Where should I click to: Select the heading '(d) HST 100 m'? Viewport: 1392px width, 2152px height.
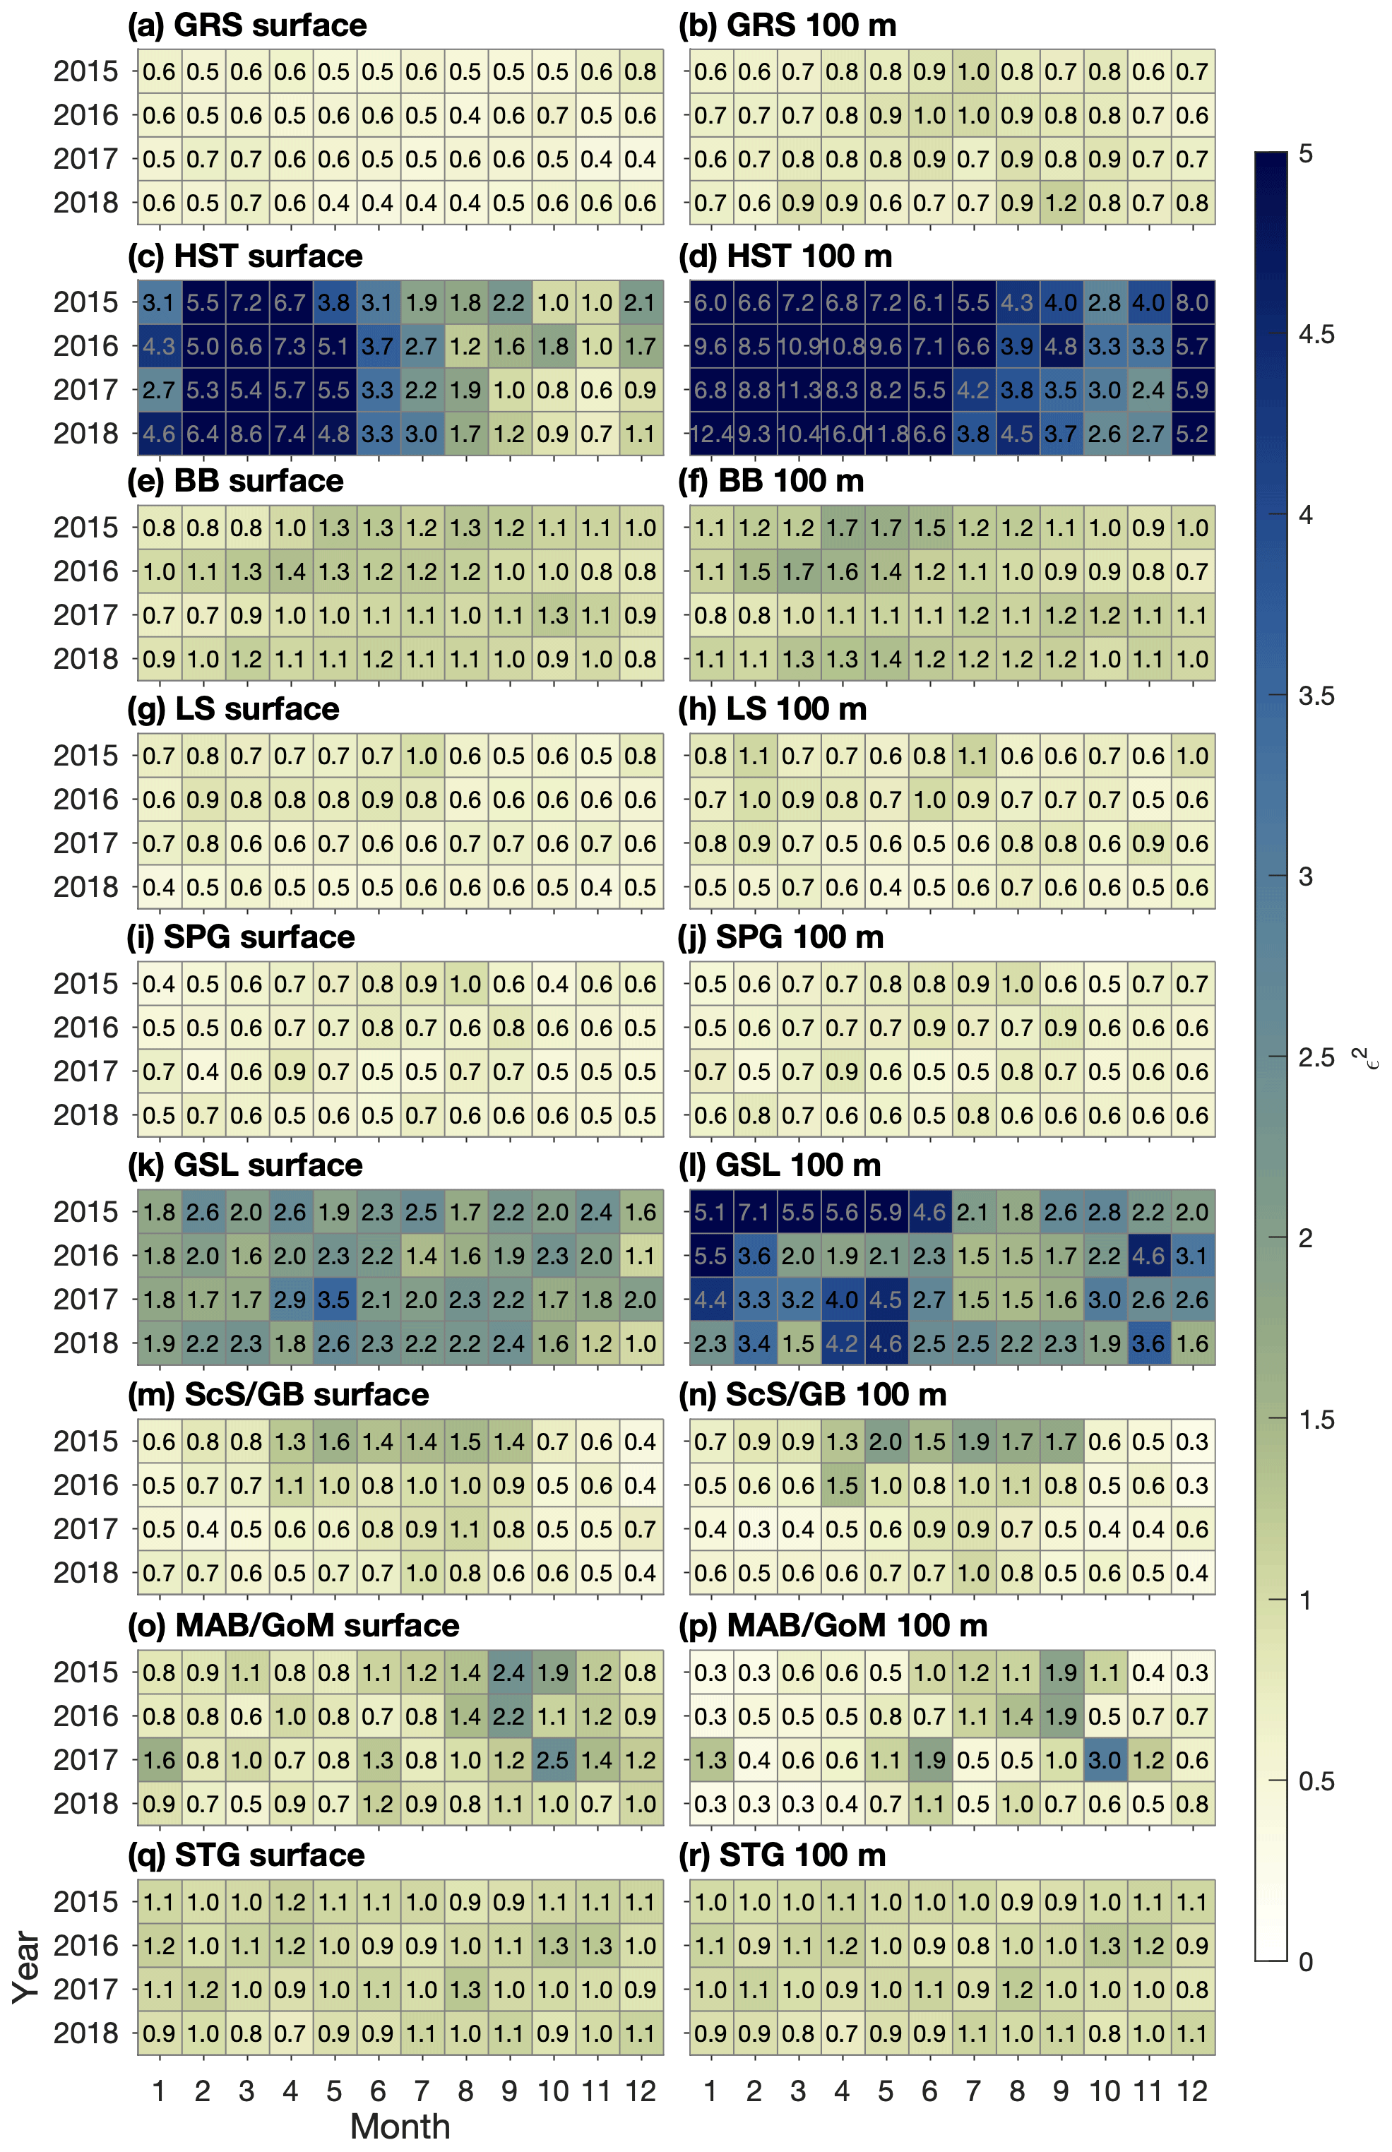click(785, 256)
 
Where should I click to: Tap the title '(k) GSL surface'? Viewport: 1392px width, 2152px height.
click(245, 1166)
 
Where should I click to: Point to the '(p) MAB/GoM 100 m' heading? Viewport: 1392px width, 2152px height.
click(833, 1626)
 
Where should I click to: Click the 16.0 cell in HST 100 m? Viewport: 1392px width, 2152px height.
click(842, 434)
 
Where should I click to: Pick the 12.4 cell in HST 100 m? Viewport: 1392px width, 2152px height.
click(710, 434)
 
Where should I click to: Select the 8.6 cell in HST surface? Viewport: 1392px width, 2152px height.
click(246, 434)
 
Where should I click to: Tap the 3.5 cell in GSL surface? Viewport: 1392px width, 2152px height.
click(333, 1300)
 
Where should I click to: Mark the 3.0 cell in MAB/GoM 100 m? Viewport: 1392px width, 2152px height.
click(1105, 1760)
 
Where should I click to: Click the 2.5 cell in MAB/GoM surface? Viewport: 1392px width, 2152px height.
click(552, 1760)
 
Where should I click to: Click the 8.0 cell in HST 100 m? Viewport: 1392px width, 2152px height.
click(1192, 303)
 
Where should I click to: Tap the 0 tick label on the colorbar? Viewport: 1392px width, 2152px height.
click(1305, 1961)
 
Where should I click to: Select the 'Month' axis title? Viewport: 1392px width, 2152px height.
click(400, 2127)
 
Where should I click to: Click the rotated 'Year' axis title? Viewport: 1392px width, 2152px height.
click(27, 1968)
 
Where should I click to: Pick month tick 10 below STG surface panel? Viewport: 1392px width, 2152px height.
click(552, 2091)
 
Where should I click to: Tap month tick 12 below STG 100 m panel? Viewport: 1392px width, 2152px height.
click(1192, 2091)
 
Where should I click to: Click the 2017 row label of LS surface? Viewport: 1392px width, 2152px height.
click(86, 843)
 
